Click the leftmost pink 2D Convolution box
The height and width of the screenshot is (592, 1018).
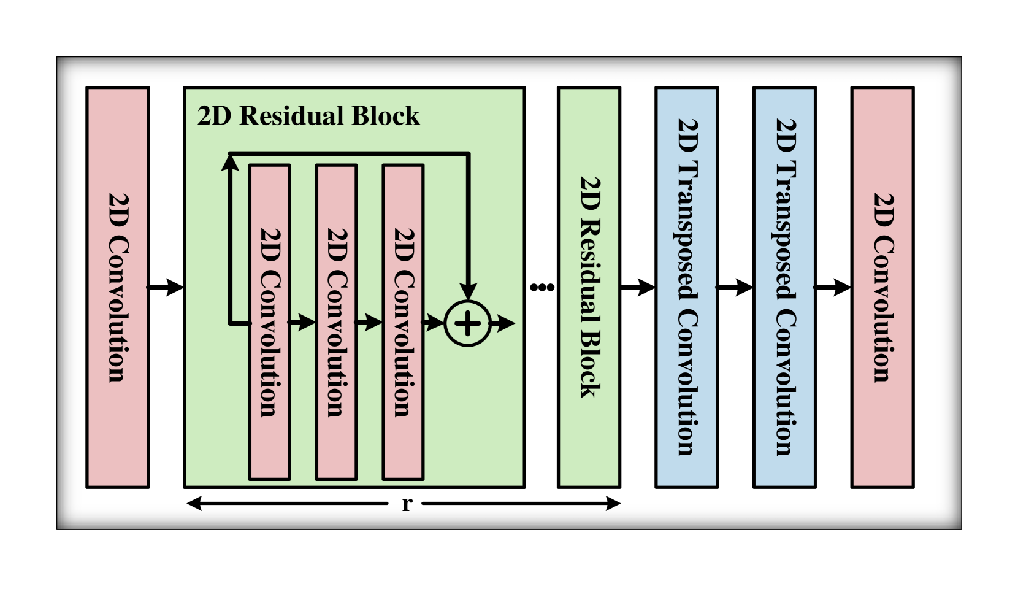[x=117, y=287]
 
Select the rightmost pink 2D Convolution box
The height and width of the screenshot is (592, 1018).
[x=882, y=287]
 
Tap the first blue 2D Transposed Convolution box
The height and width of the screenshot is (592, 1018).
[x=687, y=287]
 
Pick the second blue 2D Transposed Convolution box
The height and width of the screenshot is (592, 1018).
[x=784, y=287]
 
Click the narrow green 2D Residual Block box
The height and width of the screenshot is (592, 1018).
[x=589, y=287]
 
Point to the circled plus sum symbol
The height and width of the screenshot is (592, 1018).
[x=467, y=323]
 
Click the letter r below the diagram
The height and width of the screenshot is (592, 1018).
[x=407, y=504]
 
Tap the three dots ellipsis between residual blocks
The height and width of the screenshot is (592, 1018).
[x=542, y=287]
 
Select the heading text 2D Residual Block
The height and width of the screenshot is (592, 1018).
[x=308, y=116]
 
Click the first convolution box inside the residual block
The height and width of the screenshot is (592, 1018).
[x=269, y=322]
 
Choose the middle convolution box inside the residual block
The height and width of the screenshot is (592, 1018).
[x=336, y=322]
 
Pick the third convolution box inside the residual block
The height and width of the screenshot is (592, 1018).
[x=403, y=322]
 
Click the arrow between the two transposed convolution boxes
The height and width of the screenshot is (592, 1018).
[x=735, y=286]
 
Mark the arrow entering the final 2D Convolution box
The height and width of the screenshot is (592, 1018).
[x=833, y=286]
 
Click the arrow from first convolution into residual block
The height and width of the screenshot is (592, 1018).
[x=166, y=286]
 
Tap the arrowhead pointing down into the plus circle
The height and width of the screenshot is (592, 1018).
[x=468, y=291]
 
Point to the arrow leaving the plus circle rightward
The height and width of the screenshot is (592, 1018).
[x=503, y=323]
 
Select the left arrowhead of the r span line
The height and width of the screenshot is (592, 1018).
[x=194, y=504]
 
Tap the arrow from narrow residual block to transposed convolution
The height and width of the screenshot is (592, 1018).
[x=638, y=286]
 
